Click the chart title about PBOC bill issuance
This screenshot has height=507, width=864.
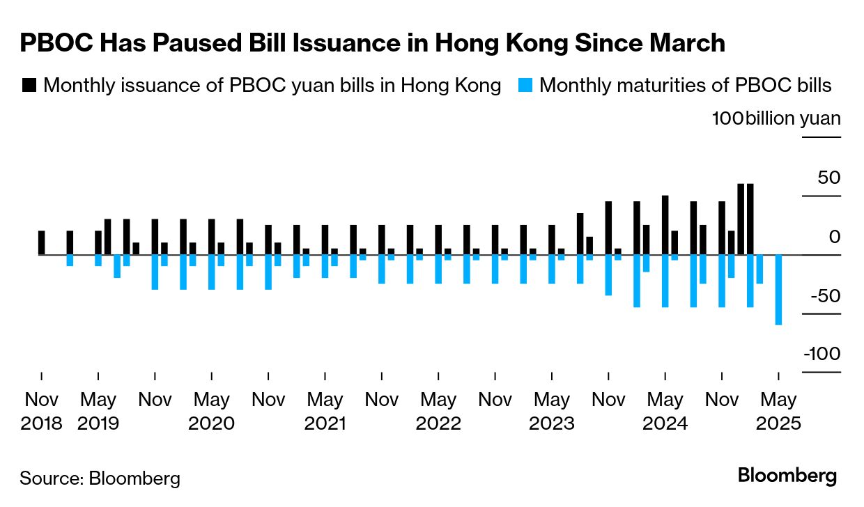pyautogui.click(x=372, y=43)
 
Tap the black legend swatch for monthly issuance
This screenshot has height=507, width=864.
pyautogui.click(x=29, y=86)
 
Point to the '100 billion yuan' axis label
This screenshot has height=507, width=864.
pyautogui.click(x=776, y=118)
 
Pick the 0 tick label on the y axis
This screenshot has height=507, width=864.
pyautogui.click(x=834, y=237)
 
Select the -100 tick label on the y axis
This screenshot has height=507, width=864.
pyautogui.click(x=821, y=354)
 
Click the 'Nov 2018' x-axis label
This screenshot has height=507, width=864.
pyautogui.click(x=42, y=412)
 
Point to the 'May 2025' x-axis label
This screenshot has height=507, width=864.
pyautogui.click(x=778, y=412)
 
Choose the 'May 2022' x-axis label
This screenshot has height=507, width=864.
pyautogui.click(x=438, y=412)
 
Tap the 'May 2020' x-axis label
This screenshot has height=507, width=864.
pyautogui.click(x=212, y=412)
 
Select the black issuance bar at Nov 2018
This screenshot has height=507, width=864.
pyautogui.click(x=42, y=242)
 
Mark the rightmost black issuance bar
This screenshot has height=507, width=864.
pyautogui.click(x=750, y=219)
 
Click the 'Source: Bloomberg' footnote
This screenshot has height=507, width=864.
pyautogui.click(x=100, y=478)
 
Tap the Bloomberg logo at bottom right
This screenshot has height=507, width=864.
pyautogui.click(x=787, y=476)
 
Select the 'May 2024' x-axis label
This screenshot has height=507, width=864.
pyautogui.click(x=665, y=412)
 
